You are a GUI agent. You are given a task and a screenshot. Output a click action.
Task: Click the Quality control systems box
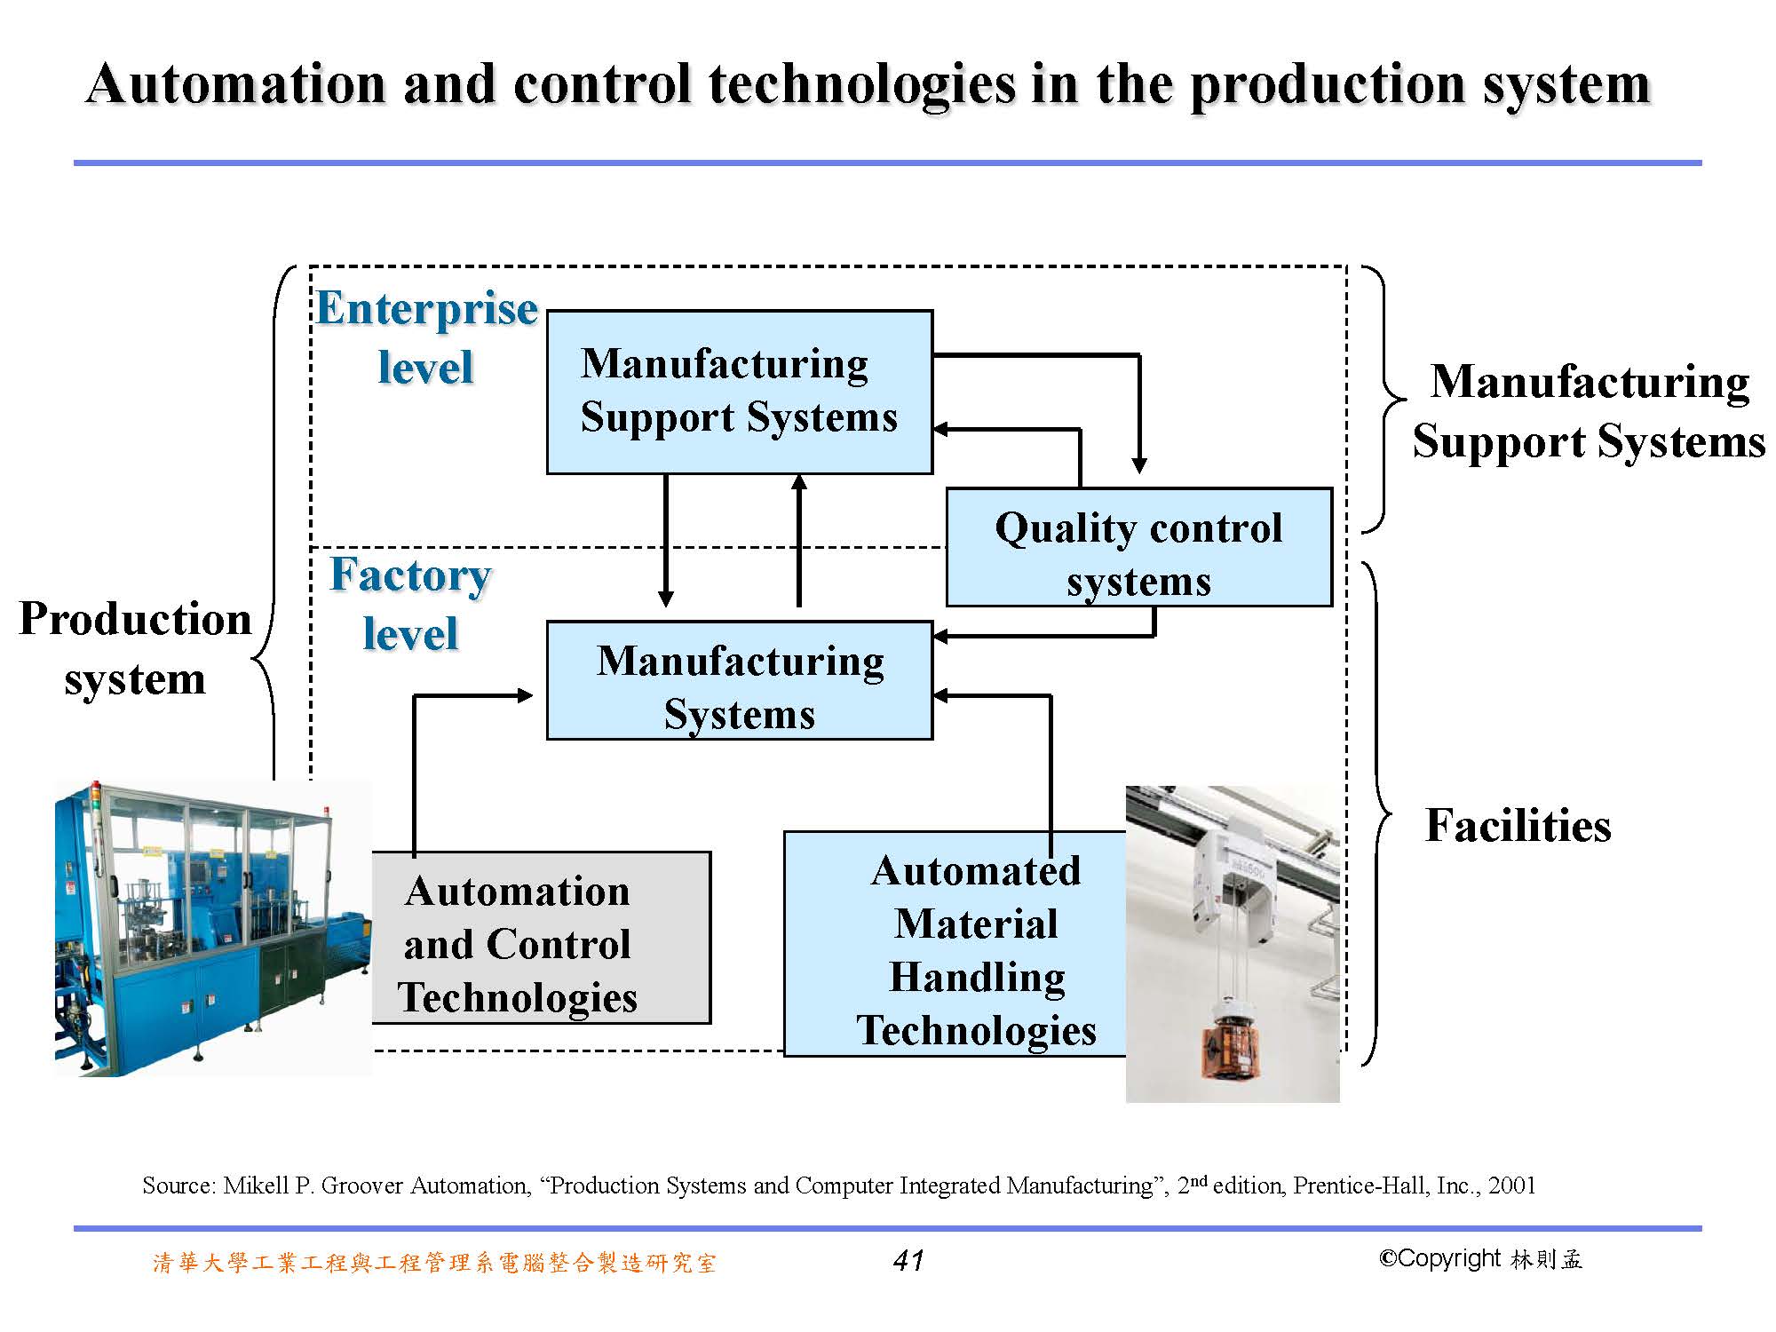click(1139, 547)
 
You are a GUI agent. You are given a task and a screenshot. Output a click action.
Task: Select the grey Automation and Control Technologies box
click(541, 938)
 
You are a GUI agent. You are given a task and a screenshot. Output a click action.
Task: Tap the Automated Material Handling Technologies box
click(955, 944)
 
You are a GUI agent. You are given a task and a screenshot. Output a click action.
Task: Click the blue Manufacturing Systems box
click(740, 680)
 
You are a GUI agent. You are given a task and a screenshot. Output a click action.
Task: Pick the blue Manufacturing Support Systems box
click(740, 392)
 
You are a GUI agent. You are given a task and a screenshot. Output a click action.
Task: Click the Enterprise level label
click(426, 337)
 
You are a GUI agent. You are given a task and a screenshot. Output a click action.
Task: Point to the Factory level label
click(410, 604)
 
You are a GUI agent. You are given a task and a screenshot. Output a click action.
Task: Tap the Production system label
click(135, 648)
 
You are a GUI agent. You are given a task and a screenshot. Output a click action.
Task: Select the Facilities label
click(1518, 825)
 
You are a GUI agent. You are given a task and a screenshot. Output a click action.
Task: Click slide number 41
click(908, 1260)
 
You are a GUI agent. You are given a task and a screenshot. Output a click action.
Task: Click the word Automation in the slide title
click(236, 84)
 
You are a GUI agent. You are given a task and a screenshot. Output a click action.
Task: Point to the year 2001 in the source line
click(1512, 1185)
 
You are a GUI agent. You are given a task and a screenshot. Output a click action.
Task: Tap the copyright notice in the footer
click(1480, 1259)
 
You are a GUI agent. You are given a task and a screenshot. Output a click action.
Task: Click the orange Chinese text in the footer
click(434, 1263)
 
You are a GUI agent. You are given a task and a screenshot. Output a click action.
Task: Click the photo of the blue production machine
click(213, 928)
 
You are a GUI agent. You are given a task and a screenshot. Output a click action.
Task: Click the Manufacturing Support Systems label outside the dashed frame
click(1589, 411)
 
